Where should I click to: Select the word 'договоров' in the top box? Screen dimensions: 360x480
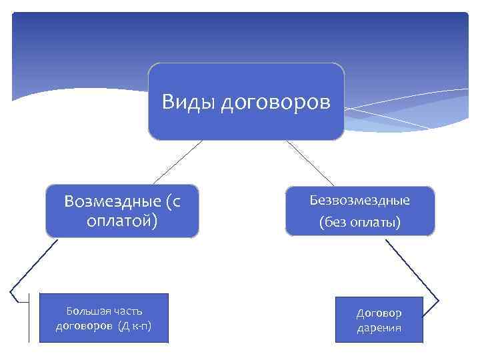(x=275, y=103)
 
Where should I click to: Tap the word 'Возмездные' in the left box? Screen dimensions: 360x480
(x=113, y=201)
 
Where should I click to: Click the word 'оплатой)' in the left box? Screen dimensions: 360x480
(x=123, y=220)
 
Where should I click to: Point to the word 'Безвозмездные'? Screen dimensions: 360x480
(x=360, y=200)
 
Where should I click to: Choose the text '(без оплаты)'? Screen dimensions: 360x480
(x=360, y=221)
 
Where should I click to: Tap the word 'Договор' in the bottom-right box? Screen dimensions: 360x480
(x=379, y=313)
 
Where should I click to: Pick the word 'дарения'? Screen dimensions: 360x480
(x=379, y=329)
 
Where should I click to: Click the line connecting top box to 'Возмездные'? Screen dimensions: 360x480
(x=177, y=162)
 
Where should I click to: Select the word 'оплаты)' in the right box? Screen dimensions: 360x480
(x=379, y=221)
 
